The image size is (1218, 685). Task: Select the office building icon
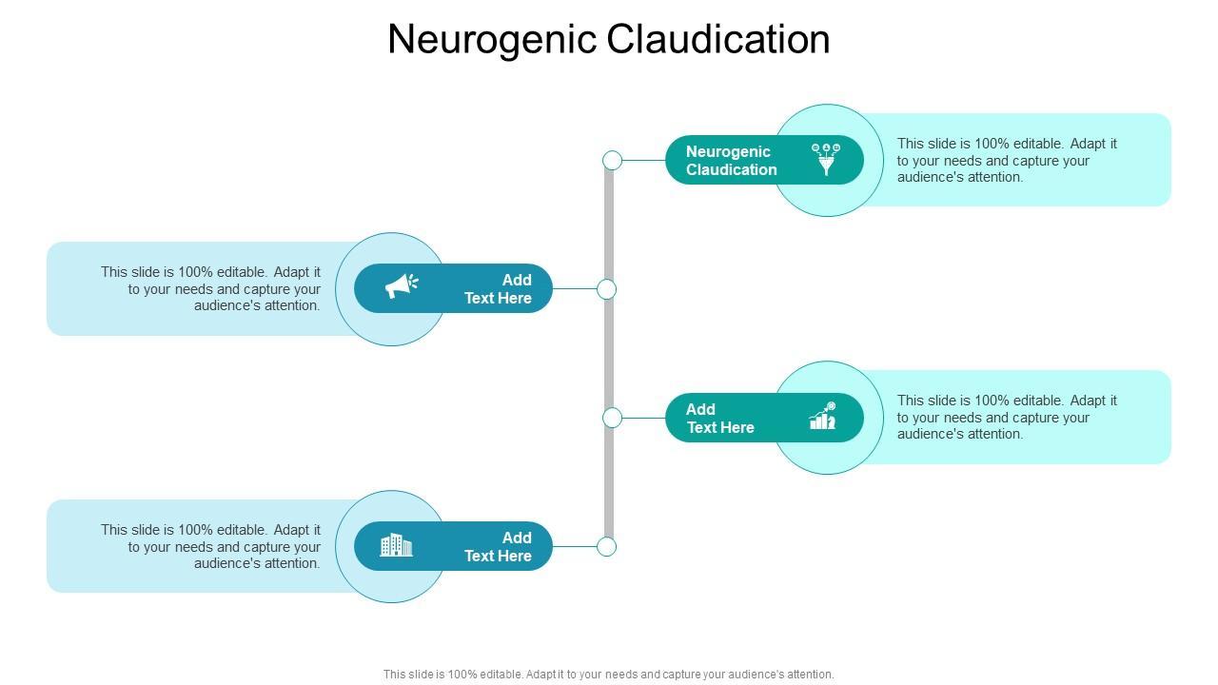click(x=396, y=545)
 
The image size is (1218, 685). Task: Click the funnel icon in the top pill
click(x=825, y=159)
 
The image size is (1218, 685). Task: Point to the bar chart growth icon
click(x=823, y=416)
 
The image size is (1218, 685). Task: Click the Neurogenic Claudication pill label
click(x=731, y=161)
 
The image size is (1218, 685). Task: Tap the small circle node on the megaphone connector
click(x=606, y=289)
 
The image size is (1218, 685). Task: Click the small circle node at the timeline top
click(x=613, y=160)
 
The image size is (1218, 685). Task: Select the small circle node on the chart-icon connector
click(x=613, y=418)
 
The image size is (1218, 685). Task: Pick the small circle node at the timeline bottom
click(x=606, y=546)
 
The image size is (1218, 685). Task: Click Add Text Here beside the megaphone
click(x=498, y=289)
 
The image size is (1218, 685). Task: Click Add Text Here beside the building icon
click(x=498, y=547)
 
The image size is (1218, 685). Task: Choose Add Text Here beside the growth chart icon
click(x=720, y=419)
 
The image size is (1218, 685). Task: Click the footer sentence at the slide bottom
click(x=609, y=675)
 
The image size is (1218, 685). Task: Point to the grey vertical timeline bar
click(x=609, y=352)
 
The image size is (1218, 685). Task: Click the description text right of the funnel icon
click(x=1007, y=160)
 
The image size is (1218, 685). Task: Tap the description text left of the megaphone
click(x=211, y=289)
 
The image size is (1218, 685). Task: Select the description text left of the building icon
click(x=211, y=547)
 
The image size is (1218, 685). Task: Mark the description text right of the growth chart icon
click(x=1007, y=418)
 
